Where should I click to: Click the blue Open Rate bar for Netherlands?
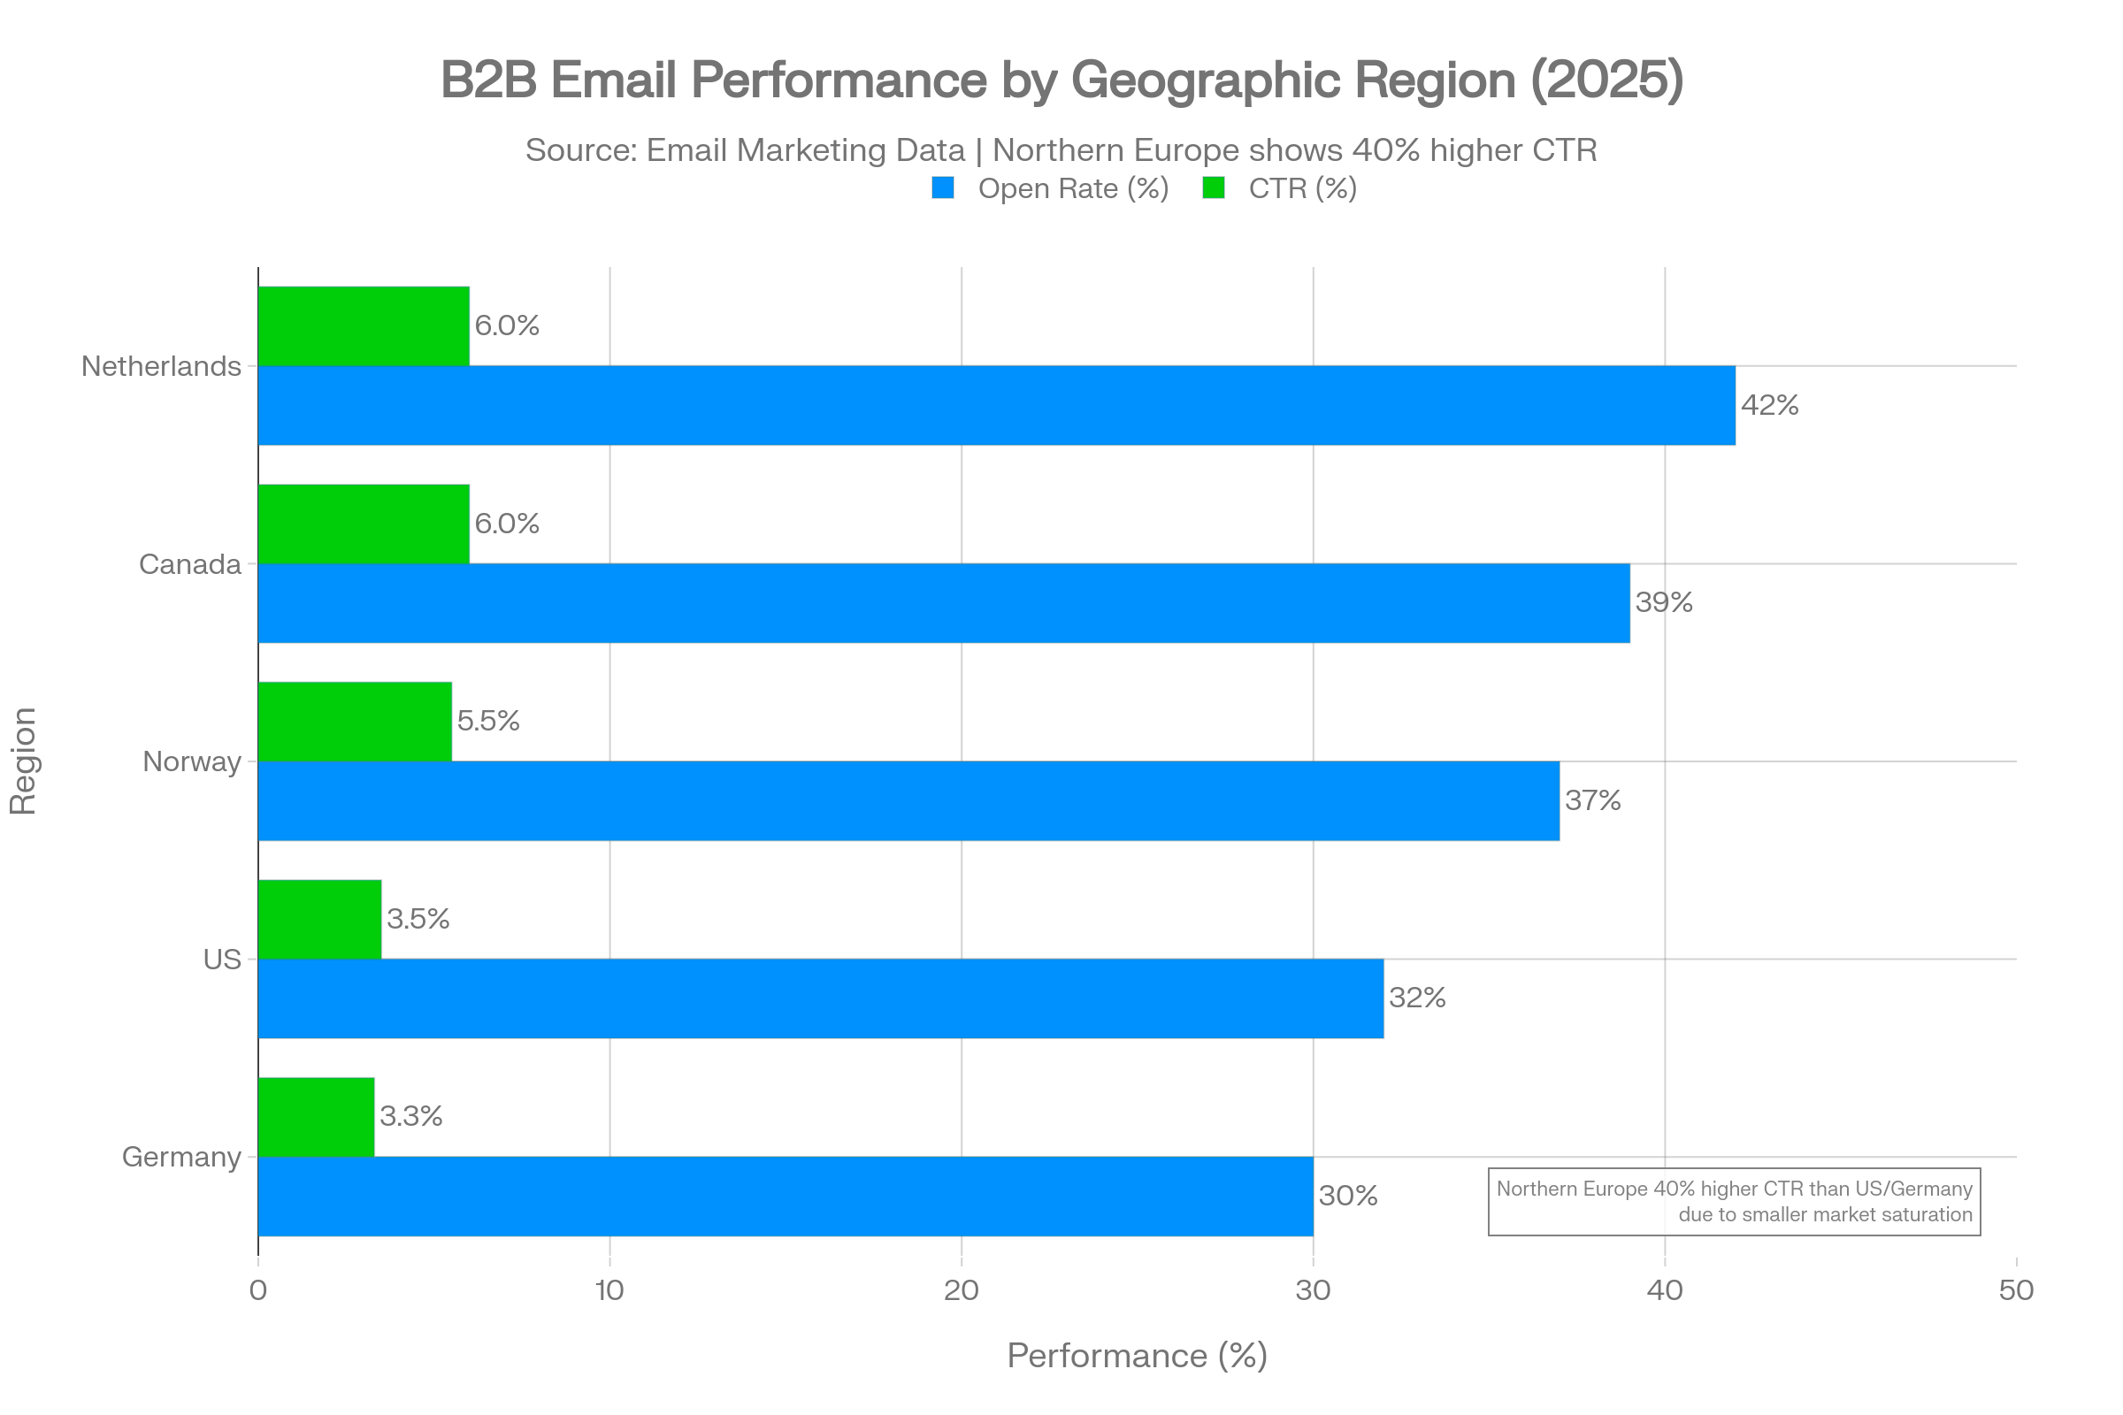(x=997, y=405)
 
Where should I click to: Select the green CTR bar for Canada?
(x=364, y=524)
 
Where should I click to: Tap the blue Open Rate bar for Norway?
(x=909, y=801)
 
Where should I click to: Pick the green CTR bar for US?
(x=319, y=919)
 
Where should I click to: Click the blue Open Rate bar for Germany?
(x=786, y=1197)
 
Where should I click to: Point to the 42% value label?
(x=1769, y=405)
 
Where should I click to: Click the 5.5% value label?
(x=487, y=721)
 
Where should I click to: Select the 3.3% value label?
(x=410, y=1116)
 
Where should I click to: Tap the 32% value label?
(x=1417, y=998)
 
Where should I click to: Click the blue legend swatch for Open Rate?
(x=942, y=188)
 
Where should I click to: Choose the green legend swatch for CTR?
(x=1213, y=188)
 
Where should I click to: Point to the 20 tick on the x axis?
(x=962, y=1290)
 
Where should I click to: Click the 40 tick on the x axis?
(x=1665, y=1290)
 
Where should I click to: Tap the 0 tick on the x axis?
(x=258, y=1290)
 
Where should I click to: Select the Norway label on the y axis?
(x=191, y=761)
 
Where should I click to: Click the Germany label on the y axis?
(x=181, y=1157)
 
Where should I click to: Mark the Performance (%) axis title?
(x=1137, y=1357)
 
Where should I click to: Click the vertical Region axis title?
(x=24, y=761)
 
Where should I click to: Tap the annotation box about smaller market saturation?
(x=1733, y=1201)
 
